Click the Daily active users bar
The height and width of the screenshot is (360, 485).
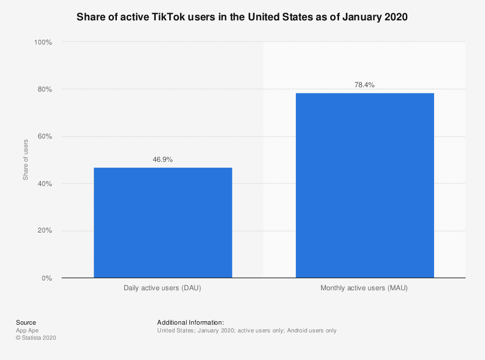[x=162, y=223]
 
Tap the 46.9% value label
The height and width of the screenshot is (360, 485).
[x=162, y=159]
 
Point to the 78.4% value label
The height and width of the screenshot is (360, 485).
[x=365, y=85]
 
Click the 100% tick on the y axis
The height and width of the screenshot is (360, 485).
[x=43, y=43]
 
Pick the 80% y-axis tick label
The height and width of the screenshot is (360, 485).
[x=44, y=90]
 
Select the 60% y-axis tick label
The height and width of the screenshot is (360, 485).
[x=44, y=137]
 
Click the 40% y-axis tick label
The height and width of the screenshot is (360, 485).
[x=44, y=184]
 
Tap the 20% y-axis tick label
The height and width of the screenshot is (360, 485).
[x=44, y=231]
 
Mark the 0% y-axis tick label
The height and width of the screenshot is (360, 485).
[x=46, y=278]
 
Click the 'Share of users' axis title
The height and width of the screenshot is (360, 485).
[x=26, y=160]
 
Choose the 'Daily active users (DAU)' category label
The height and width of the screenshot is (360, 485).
[x=162, y=288]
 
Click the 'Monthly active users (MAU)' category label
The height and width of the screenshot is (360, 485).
[x=364, y=288]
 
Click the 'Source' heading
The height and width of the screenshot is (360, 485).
[x=26, y=322]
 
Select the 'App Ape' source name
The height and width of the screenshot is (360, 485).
[x=27, y=330]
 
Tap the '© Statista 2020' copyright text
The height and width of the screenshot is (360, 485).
[x=36, y=338]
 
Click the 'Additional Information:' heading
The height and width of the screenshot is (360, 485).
[x=190, y=322]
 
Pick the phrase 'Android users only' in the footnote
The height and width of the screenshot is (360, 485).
[x=311, y=330]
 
